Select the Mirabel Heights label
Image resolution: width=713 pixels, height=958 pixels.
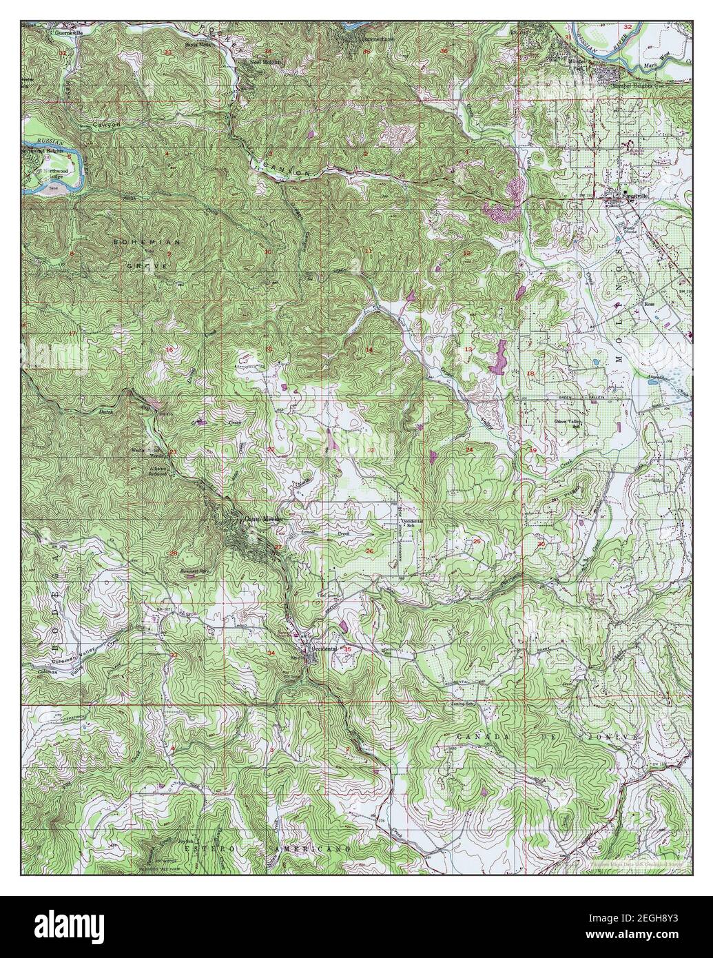[x=633, y=85]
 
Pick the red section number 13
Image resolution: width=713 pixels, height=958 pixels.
[x=468, y=351]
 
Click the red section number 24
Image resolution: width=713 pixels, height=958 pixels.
[x=469, y=450]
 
